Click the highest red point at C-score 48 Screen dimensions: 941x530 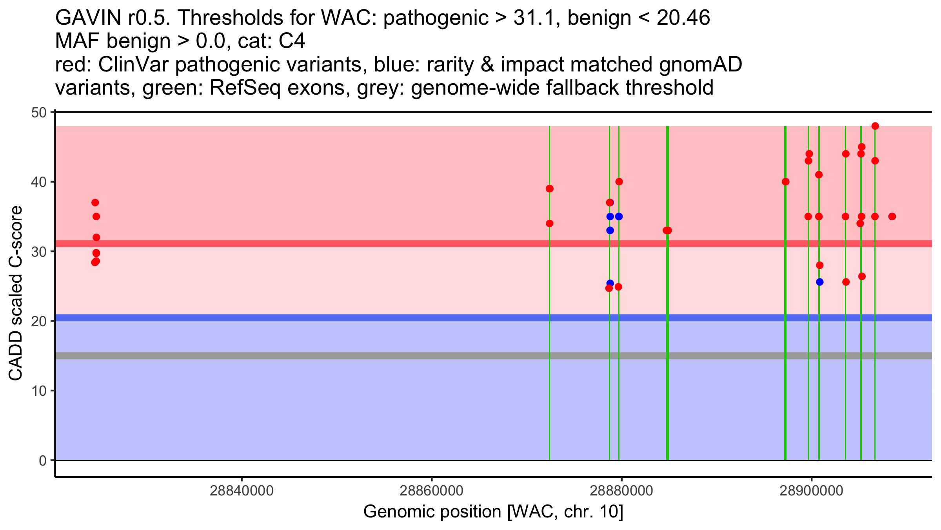click(875, 126)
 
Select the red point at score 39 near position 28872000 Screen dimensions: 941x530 click(549, 189)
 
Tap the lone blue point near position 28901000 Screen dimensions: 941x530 click(819, 282)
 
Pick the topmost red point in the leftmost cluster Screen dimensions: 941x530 click(95, 203)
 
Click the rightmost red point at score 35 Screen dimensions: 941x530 click(892, 217)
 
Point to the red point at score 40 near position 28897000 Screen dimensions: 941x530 click(785, 182)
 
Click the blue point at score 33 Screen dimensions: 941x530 click(610, 230)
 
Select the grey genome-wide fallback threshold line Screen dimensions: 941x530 click(494, 356)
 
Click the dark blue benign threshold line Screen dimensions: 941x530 click(494, 318)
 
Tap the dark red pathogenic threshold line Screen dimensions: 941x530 click(494, 244)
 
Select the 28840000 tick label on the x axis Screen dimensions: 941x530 click(242, 491)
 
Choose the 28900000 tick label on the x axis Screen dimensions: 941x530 click(811, 491)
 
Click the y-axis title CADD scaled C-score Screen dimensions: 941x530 click(16, 294)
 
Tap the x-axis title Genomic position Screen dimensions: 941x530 click(432, 512)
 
